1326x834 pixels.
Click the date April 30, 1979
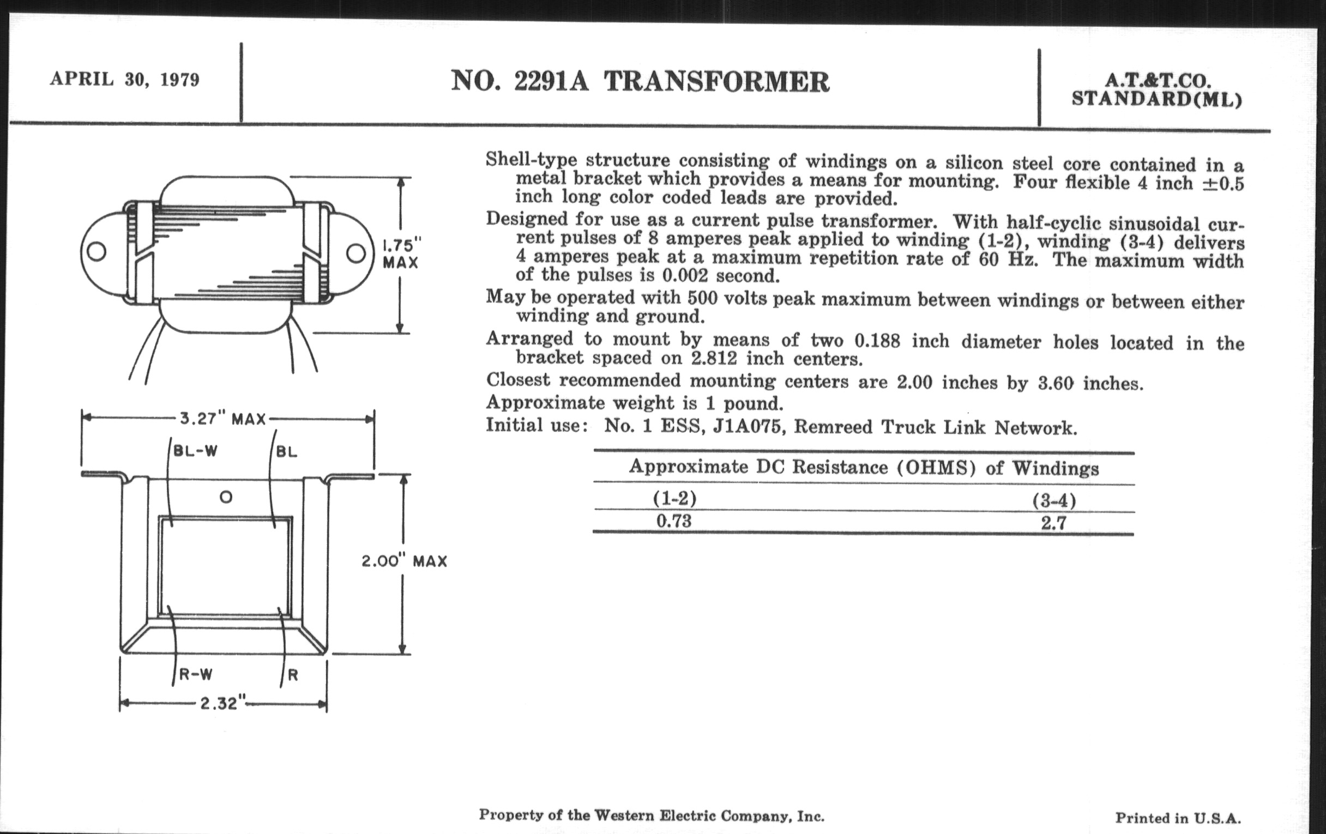point(124,79)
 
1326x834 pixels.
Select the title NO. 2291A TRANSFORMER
point(640,81)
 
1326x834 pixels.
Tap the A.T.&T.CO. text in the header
point(1158,81)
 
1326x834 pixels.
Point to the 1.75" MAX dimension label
point(401,253)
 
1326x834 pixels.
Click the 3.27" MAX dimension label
point(222,419)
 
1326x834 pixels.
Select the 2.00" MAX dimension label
point(404,561)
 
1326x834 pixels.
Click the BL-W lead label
point(196,451)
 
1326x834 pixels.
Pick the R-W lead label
point(196,674)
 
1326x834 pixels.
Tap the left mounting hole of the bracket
point(98,252)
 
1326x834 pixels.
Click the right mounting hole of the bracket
point(355,253)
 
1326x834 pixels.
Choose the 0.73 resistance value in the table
point(673,521)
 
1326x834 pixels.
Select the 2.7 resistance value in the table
point(1053,523)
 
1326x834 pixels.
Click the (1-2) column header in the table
point(674,498)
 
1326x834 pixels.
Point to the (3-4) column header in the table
point(1054,500)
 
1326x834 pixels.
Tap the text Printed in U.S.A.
point(1178,818)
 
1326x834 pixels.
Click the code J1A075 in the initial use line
point(748,427)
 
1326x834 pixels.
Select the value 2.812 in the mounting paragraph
point(714,359)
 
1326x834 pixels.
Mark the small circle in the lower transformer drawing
point(226,497)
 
